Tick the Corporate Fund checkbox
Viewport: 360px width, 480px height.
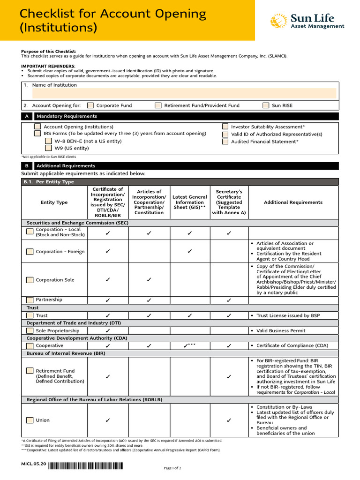coord(90,105)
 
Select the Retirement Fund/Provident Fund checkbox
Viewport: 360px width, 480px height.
coord(158,105)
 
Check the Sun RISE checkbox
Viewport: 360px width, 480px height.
coord(266,105)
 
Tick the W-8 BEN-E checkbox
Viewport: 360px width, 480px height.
coord(48,141)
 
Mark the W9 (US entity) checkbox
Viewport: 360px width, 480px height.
coord(48,148)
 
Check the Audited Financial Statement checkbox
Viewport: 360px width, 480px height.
coord(225,141)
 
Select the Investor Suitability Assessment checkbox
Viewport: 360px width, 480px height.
coord(225,127)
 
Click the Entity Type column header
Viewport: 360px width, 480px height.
coord(54,202)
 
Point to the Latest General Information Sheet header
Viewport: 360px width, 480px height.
coord(189,202)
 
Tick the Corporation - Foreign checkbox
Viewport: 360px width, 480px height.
coord(30,252)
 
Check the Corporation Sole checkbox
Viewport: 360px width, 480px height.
coord(30,280)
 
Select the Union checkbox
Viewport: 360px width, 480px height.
coord(30,420)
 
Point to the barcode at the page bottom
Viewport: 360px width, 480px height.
coord(85,466)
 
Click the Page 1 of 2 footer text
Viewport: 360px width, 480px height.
coord(172,468)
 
